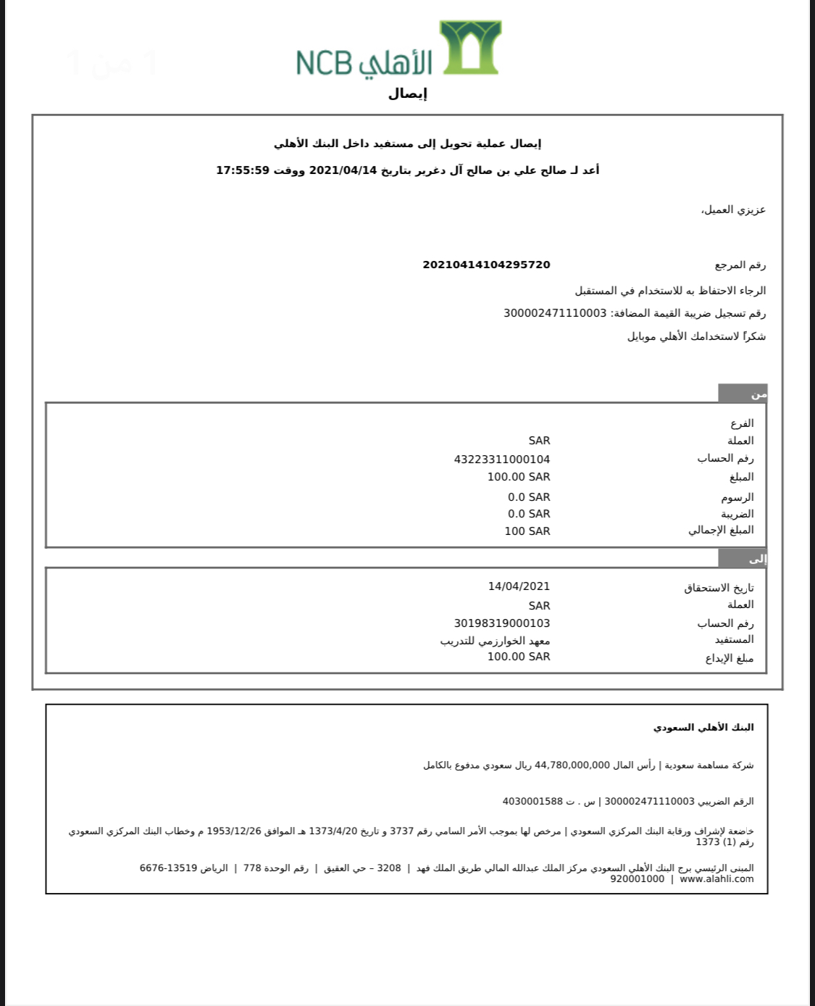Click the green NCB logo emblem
pyautogui.click(x=470, y=47)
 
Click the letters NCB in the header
pyautogui.click(x=324, y=63)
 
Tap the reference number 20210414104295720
pyautogui.click(x=486, y=265)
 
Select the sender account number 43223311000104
pyautogui.click(x=501, y=459)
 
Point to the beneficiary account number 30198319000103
pyautogui.click(x=501, y=623)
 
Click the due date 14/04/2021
pyautogui.click(x=519, y=586)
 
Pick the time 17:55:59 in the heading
pyautogui.click(x=243, y=170)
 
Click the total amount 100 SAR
pyautogui.click(x=527, y=531)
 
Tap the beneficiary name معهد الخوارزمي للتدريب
pyautogui.click(x=495, y=641)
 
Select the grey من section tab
pyautogui.click(x=743, y=394)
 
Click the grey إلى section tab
pyautogui.click(x=743, y=558)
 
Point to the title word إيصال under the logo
pyautogui.click(x=408, y=93)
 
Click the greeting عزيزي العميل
pyautogui.click(x=733, y=210)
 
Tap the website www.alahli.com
pyautogui.click(x=716, y=879)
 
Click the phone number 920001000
pyautogui.click(x=637, y=879)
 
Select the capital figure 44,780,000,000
pyautogui.click(x=572, y=765)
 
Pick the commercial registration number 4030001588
pyautogui.click(x=532, y=802)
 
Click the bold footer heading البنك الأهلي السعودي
pyautogui.click(x=703, y=727)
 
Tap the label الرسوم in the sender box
pyautogui.click(x=737, y=497)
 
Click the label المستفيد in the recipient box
pyautogui.click(x=734, y=640)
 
